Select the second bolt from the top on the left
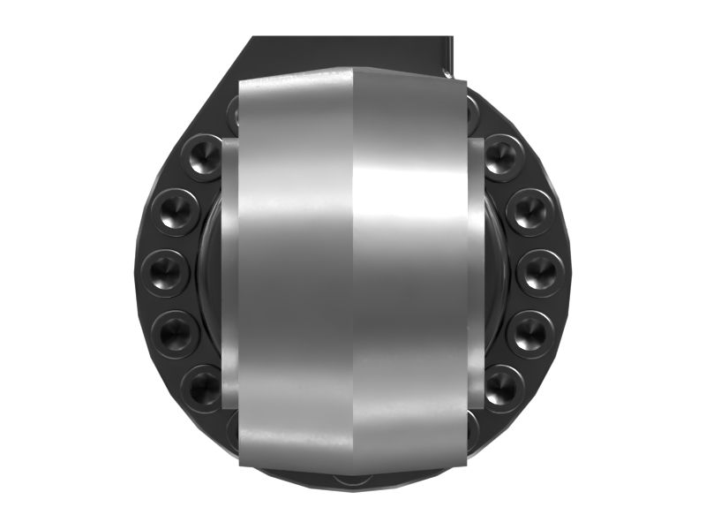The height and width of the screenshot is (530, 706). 176,212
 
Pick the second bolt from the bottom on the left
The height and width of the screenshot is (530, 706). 175,332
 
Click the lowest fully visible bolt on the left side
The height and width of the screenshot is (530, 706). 204,386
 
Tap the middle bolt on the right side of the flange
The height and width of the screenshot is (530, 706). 540,272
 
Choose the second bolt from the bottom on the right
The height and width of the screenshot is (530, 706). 531,332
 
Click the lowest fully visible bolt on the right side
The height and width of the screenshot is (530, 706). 501,386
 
